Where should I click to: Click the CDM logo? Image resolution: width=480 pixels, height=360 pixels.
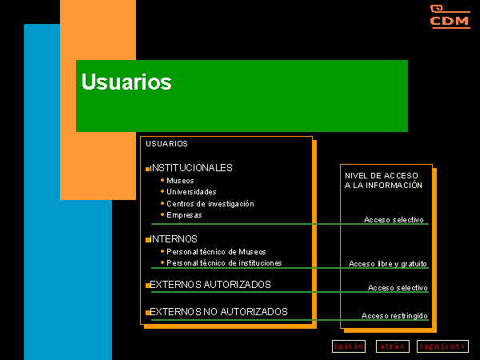(x=450, y=17)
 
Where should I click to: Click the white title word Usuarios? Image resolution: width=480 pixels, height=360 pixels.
(x=126, y=82)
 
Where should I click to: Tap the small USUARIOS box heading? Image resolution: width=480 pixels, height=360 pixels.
(x=166, y=143)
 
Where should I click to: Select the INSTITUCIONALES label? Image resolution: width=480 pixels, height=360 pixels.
(x=191, y=168)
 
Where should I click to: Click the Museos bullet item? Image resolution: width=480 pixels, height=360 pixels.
(x=180, y=181)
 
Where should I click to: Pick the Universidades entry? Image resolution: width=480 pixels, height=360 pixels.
(x=191, y=192)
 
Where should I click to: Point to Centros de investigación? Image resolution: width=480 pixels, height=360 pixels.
(x=210, y=203)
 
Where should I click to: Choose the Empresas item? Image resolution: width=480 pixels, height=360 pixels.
(x=184, y=215)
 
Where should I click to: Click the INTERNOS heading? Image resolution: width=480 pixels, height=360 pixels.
(x=174, y=238)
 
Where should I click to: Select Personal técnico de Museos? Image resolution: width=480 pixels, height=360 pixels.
(x=216, y=252)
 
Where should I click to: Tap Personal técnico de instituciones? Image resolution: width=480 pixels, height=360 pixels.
(x=224, y=263)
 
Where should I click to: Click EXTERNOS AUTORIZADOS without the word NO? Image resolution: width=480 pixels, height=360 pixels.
(x=210, y=284)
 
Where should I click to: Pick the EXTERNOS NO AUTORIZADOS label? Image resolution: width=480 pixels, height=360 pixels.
(x=218, y=312)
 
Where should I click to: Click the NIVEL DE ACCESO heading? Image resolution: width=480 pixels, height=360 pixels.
(x=383, y=180)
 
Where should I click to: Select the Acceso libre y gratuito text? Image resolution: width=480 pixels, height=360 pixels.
(x=388, y=263)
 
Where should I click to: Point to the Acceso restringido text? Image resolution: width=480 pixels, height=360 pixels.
(x=394, y=316)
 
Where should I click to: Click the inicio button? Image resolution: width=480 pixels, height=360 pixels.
(x=349, y=346)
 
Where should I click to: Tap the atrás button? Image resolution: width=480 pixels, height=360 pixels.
(x=393, y=346)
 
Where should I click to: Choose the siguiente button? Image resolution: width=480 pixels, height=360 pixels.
(x=442, y=346)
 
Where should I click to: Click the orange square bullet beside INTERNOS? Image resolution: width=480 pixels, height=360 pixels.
(x=148, y=240)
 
